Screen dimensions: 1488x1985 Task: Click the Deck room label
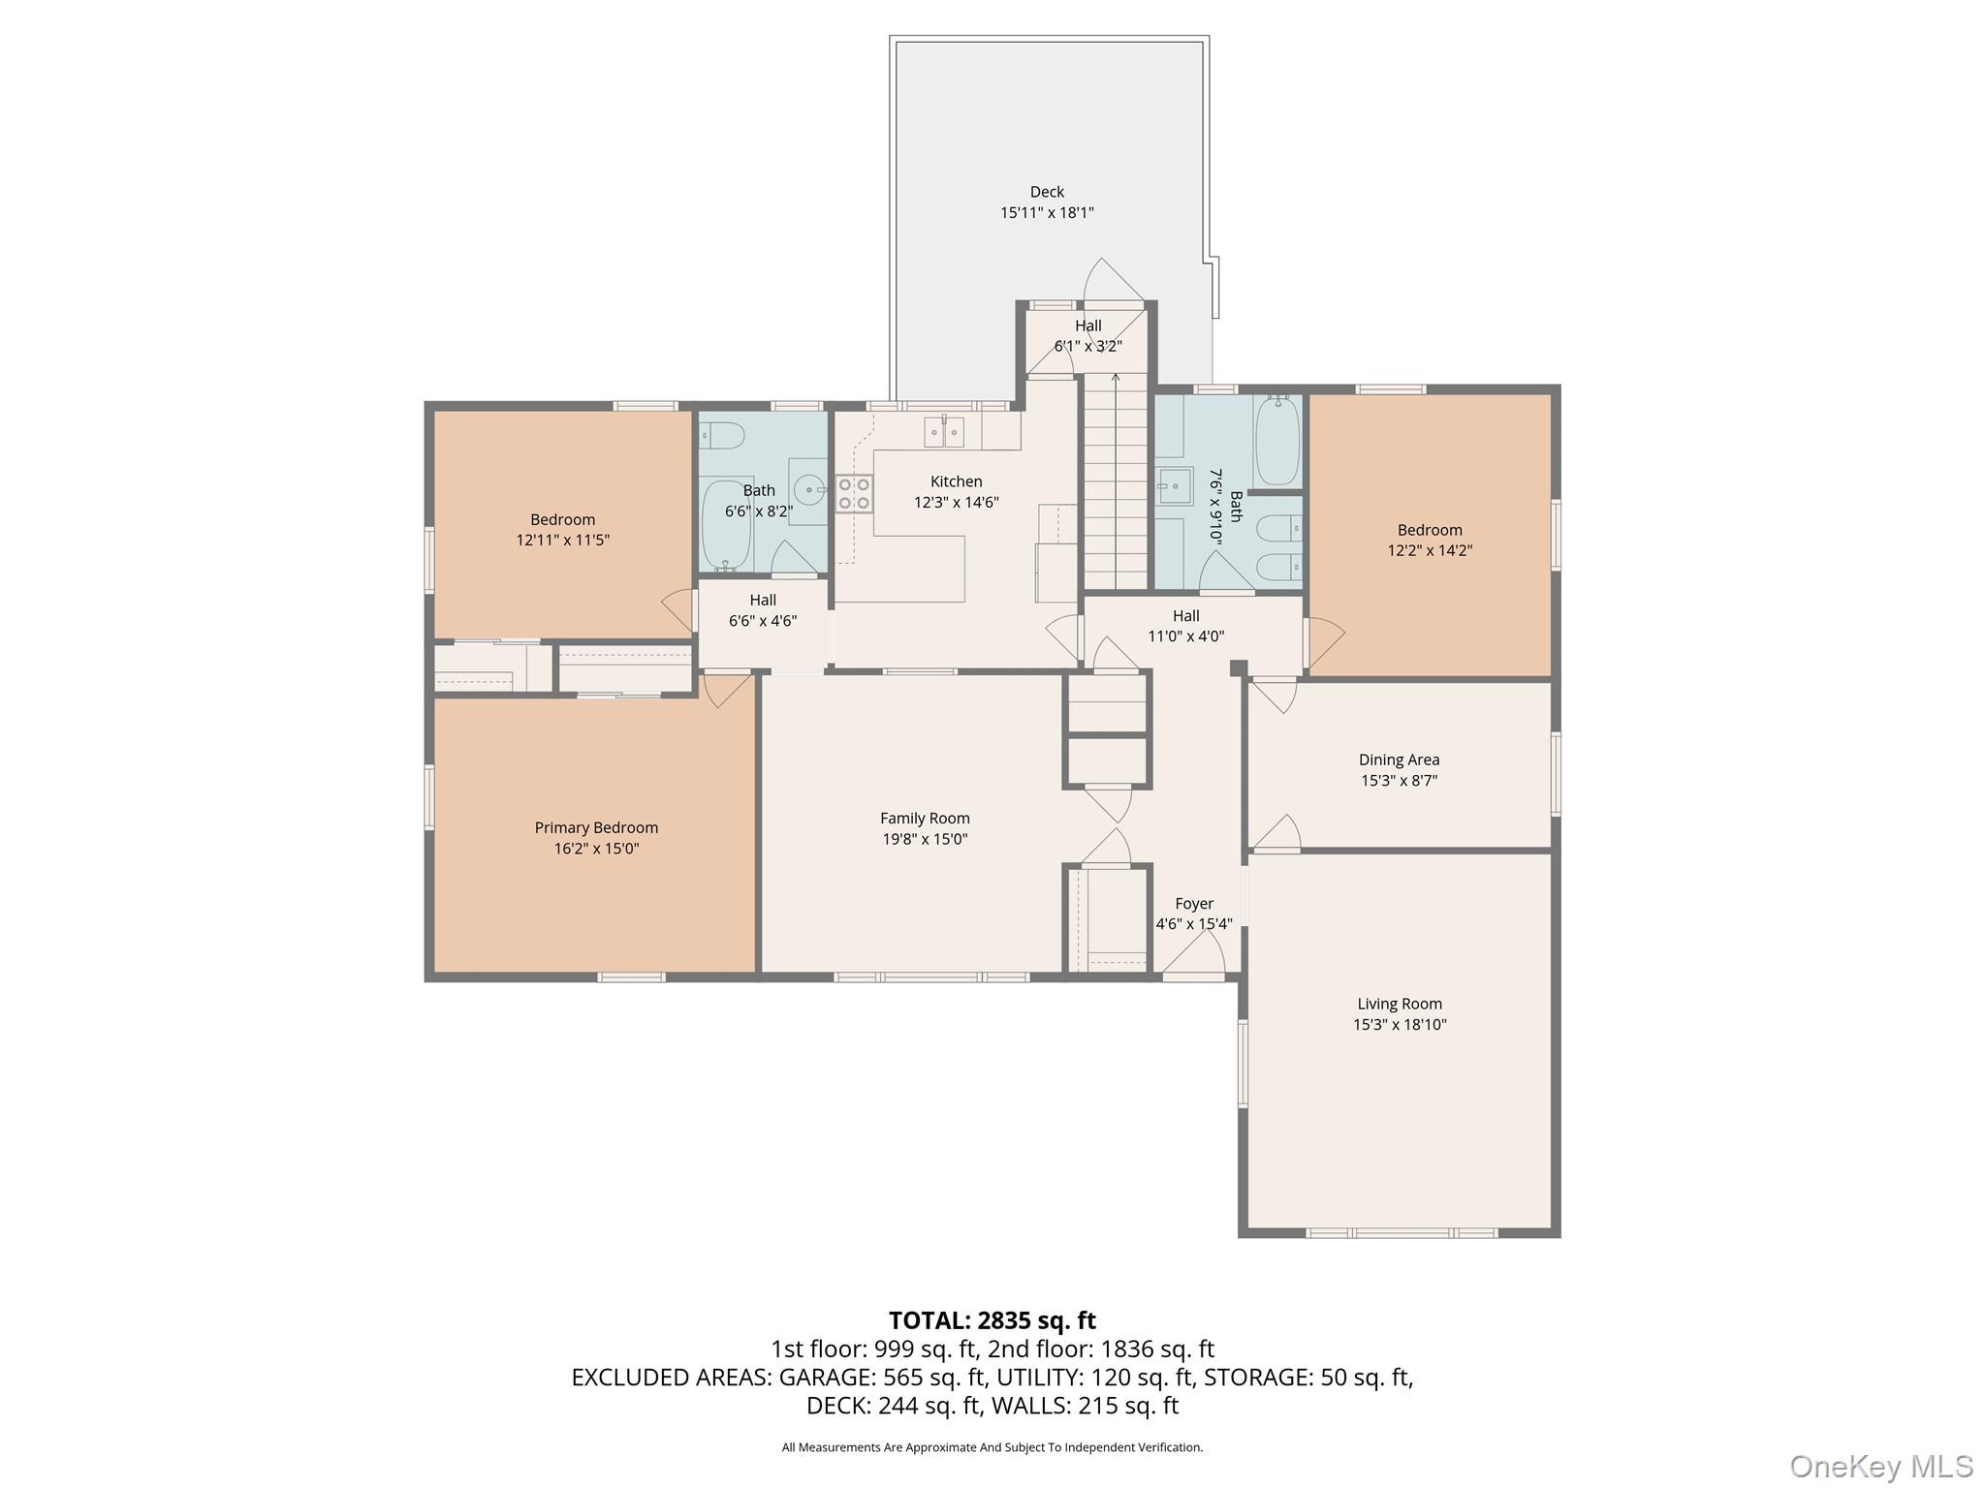pyautogui.click(x=1047, y=192)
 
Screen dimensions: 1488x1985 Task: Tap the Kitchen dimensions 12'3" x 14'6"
pyautogui.click(x=956, y=502)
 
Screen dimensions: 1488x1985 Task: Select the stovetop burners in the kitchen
pyautogui.click(x=854, y=493)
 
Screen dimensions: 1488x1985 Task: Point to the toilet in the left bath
pyautogui.click(x=721, y=438)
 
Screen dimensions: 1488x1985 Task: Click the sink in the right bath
pyautogui.click(x=1176, y=484)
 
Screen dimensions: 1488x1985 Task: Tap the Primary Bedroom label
pyautogui.click(x=596, y=827)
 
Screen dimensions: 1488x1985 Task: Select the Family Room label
pyautogui.click(x=925, y=819)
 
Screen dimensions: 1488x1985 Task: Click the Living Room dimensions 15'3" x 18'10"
pyautogui.click(x=1400, y=1024)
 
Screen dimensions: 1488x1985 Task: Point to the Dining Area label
pyautogui.click(x=1399, y=759)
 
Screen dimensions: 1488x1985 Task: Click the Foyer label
pyautogui.click(x=1194, y=903)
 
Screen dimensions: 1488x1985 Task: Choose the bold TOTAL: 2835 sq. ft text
pyautogui.click(x=992, y=1320)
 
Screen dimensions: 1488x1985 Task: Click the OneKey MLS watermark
pyautogui.click(x=1880, y=1466)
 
